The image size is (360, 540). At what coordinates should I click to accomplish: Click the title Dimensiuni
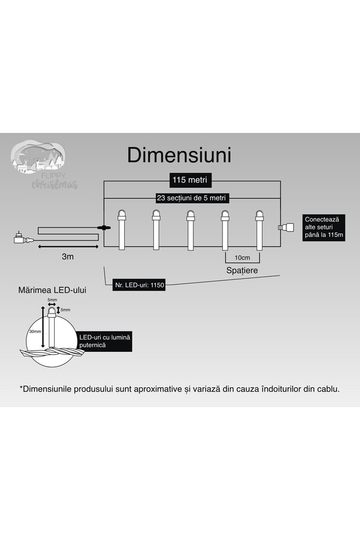[179, 155]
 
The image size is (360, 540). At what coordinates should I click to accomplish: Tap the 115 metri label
[189, 179]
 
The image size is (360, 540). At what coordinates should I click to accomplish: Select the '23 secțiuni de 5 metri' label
[191, 198]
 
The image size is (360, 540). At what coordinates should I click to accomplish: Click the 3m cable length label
[66, 255]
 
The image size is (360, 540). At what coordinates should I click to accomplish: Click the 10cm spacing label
[242, 258]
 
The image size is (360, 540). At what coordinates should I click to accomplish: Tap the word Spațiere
[242, 271]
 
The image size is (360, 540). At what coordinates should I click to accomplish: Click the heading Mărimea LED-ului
[52, 289]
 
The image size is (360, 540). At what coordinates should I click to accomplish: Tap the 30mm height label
[35, 332]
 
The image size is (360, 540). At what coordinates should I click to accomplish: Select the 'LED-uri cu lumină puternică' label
[105, 341]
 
